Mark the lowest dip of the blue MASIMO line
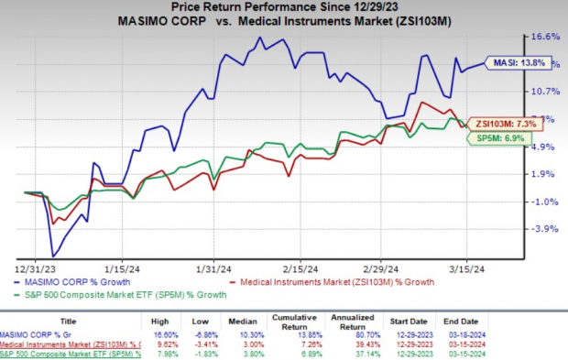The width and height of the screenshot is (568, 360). [x=54, y=256]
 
